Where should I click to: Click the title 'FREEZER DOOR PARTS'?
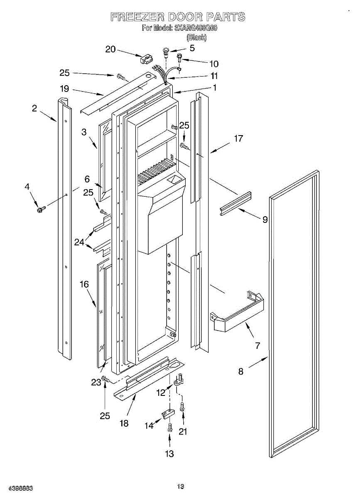[x=178, y=17]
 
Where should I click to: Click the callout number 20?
[x=110, y=49]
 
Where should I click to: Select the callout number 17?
[x=238, y=138]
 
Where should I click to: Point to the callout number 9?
[x=265, y=220]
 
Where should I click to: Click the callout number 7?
[x=257, y=345]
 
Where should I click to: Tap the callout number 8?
[x=241, y=371]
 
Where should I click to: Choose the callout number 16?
[x=84, y=284]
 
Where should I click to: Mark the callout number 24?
[x=79, y=242]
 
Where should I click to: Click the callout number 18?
[x=124, y=423]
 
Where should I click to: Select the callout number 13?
[x=170, y=453]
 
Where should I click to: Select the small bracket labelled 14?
[x=167, y=414]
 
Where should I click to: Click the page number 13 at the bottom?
[x=180, y=486]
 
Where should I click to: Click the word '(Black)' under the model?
[x=196, y=37]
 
